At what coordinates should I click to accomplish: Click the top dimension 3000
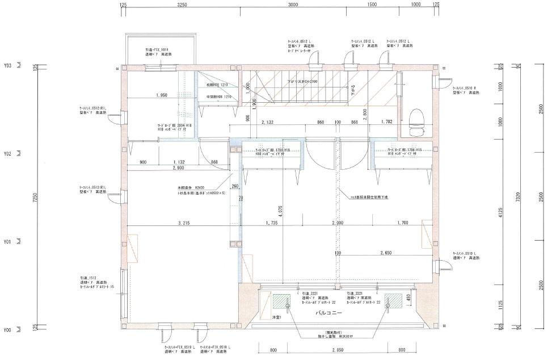pos(293,5)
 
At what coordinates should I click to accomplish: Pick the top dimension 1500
pos(372,5)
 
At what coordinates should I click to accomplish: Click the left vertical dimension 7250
pos(35,198)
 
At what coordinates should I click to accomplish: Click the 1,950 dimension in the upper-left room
pos(161,95)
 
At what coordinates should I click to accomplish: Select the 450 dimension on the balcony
pos(408,298)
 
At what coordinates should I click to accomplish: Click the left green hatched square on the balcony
pos(280,300)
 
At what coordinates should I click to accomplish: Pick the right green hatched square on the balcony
pos(391,300)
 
